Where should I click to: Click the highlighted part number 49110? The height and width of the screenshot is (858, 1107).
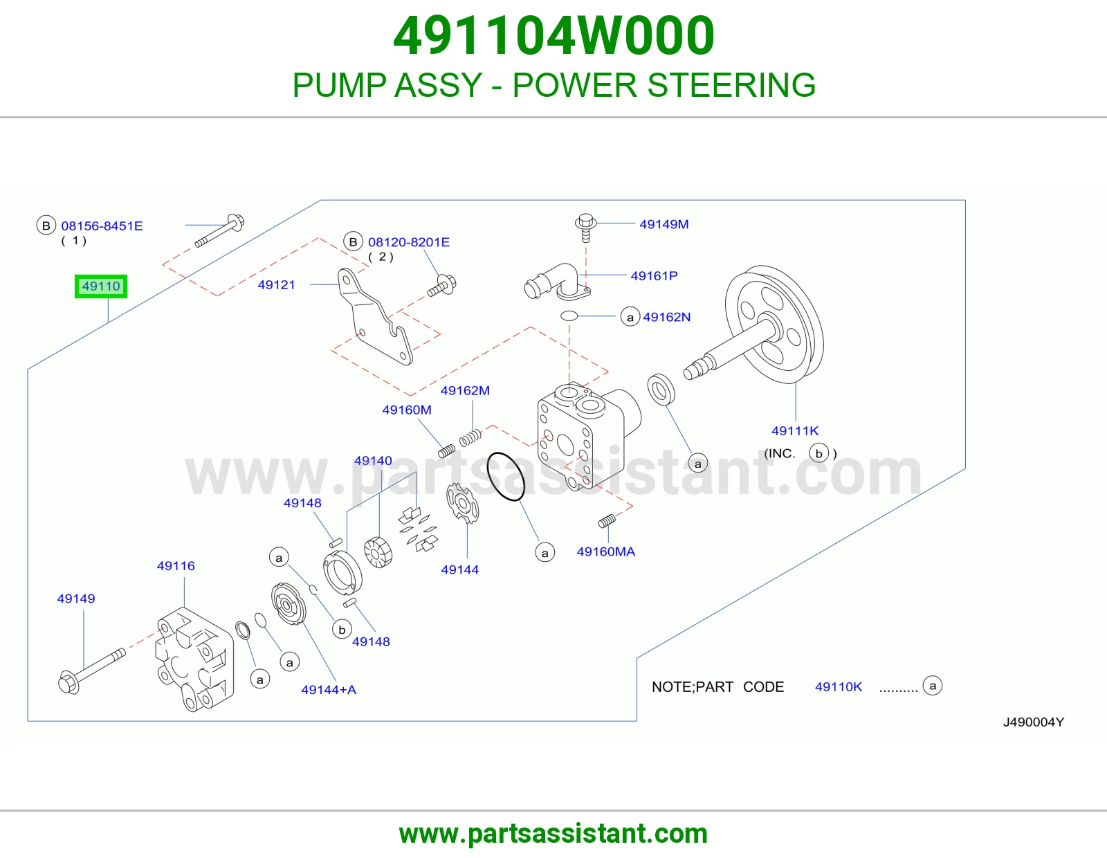[x=101, y=286]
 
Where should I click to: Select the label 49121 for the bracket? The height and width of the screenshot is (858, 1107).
[x=276, y=285]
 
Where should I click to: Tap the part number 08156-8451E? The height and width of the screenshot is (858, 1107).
[x=102, y=226]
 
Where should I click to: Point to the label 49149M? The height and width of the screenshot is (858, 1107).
[x=664, y=224]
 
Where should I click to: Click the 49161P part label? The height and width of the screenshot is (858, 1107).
[x=654, y=275]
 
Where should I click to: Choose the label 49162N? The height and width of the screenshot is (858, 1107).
[x=667, y=317]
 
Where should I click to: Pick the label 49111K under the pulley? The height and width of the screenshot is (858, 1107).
[x=795, y=430]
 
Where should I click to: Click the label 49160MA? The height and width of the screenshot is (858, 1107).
[x=605, y=551]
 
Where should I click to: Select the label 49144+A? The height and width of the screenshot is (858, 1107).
[x=329, y=689]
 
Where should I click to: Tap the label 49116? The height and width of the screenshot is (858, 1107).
[x=176, y=565]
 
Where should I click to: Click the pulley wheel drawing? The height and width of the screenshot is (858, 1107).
[x=774, y=324]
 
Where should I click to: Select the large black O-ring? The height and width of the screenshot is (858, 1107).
[x=505, y=476]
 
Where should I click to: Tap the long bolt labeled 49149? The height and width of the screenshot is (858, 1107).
[x=92, y=670]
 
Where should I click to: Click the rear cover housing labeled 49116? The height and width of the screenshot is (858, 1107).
[x=194, y=659]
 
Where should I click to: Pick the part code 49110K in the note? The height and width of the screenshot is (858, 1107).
[x=839, y=686]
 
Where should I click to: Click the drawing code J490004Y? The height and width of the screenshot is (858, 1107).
[x=1034, y=722]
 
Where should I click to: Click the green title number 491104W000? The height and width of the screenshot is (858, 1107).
[x=553, y=35]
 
